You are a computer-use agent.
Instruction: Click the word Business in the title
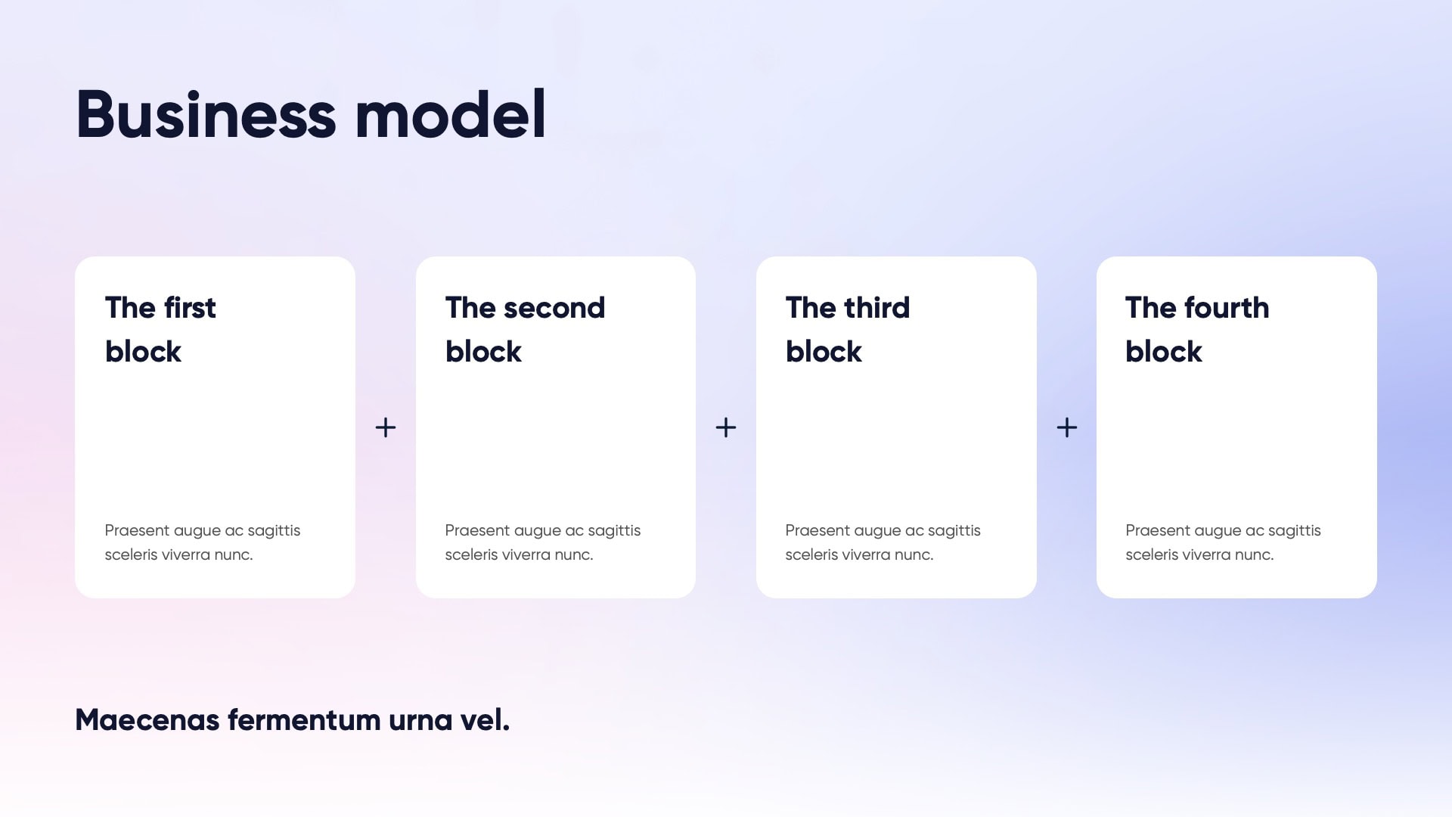(206, 114)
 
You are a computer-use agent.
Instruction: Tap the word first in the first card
(190, 307)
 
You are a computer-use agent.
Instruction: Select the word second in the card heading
(554, 308)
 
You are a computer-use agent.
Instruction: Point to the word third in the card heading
(877, 307)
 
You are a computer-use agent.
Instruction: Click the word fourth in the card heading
(1227, 307)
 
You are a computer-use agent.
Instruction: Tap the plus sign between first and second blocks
(386, 427)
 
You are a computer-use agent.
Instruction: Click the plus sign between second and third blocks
(726, 427)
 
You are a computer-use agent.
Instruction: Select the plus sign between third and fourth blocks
(1067, 427)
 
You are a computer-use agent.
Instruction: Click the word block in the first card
(143, 351)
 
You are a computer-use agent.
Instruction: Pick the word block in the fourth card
(1164, 351)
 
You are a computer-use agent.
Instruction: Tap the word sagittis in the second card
(614, 531)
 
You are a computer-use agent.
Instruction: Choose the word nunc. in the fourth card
(1255, 555)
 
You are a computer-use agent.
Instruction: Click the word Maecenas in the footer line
(147, 720)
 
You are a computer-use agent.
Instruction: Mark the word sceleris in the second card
(471, 555)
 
